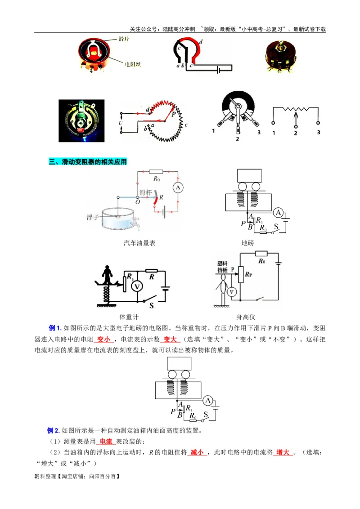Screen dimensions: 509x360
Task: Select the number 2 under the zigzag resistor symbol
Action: pos(296,133)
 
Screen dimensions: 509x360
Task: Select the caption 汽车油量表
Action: pos(139,243)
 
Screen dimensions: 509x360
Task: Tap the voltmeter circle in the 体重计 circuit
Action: pos(134,286)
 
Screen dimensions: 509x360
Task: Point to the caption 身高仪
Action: pos(246,317)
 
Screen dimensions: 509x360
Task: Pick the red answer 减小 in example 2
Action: pos(197,452)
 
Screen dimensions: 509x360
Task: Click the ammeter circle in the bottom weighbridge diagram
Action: pos(207,401)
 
